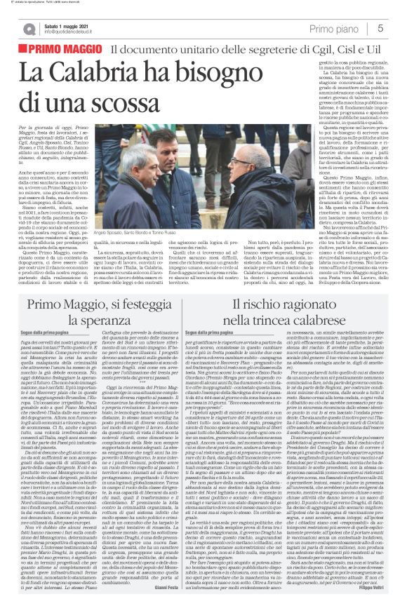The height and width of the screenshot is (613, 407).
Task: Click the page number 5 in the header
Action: pyautogui.click(x=380, y=28)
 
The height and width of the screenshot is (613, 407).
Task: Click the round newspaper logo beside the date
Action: pyautogui.click(x=32, y=27)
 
